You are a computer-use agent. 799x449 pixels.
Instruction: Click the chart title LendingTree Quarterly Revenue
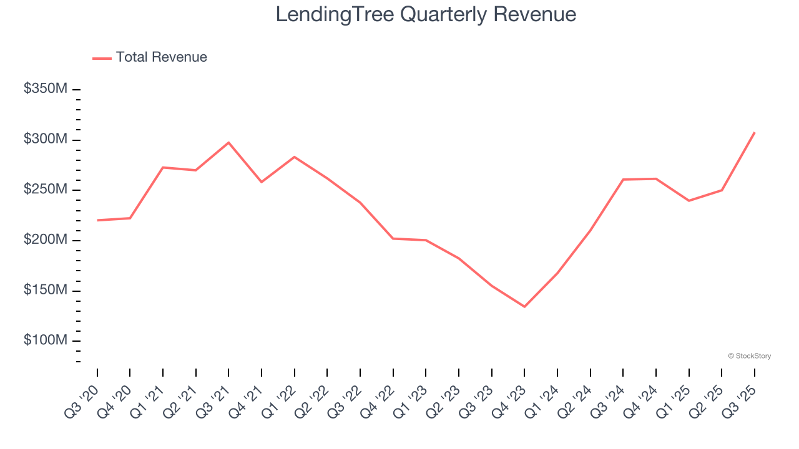[x=426, y=14]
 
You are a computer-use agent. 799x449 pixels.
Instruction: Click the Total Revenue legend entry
[x=160, y=57]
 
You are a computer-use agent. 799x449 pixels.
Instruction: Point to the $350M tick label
[x=46, y=89]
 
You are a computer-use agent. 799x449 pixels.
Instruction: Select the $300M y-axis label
[x=46, y=139]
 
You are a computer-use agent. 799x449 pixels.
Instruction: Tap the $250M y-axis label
[x=46, y=190]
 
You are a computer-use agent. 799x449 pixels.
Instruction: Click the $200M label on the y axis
[x=46, y=240]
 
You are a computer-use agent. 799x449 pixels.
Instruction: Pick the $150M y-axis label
[x=46, y=291]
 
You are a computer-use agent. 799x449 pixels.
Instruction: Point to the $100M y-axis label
[x=46, y=340]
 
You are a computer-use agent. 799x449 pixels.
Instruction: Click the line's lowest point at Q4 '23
[x=524, y=306]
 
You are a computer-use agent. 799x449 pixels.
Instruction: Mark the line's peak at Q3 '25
[x=754, y=132]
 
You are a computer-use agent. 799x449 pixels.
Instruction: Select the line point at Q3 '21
[x=228, y=143]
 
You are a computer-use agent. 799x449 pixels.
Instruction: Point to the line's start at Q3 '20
[x=97, y=220]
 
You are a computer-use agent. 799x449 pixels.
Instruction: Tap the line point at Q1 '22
[x=294, y=157]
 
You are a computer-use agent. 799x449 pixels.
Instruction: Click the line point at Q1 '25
[x=689, y=201]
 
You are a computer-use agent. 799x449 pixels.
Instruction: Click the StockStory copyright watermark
[x=749, y=356]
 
